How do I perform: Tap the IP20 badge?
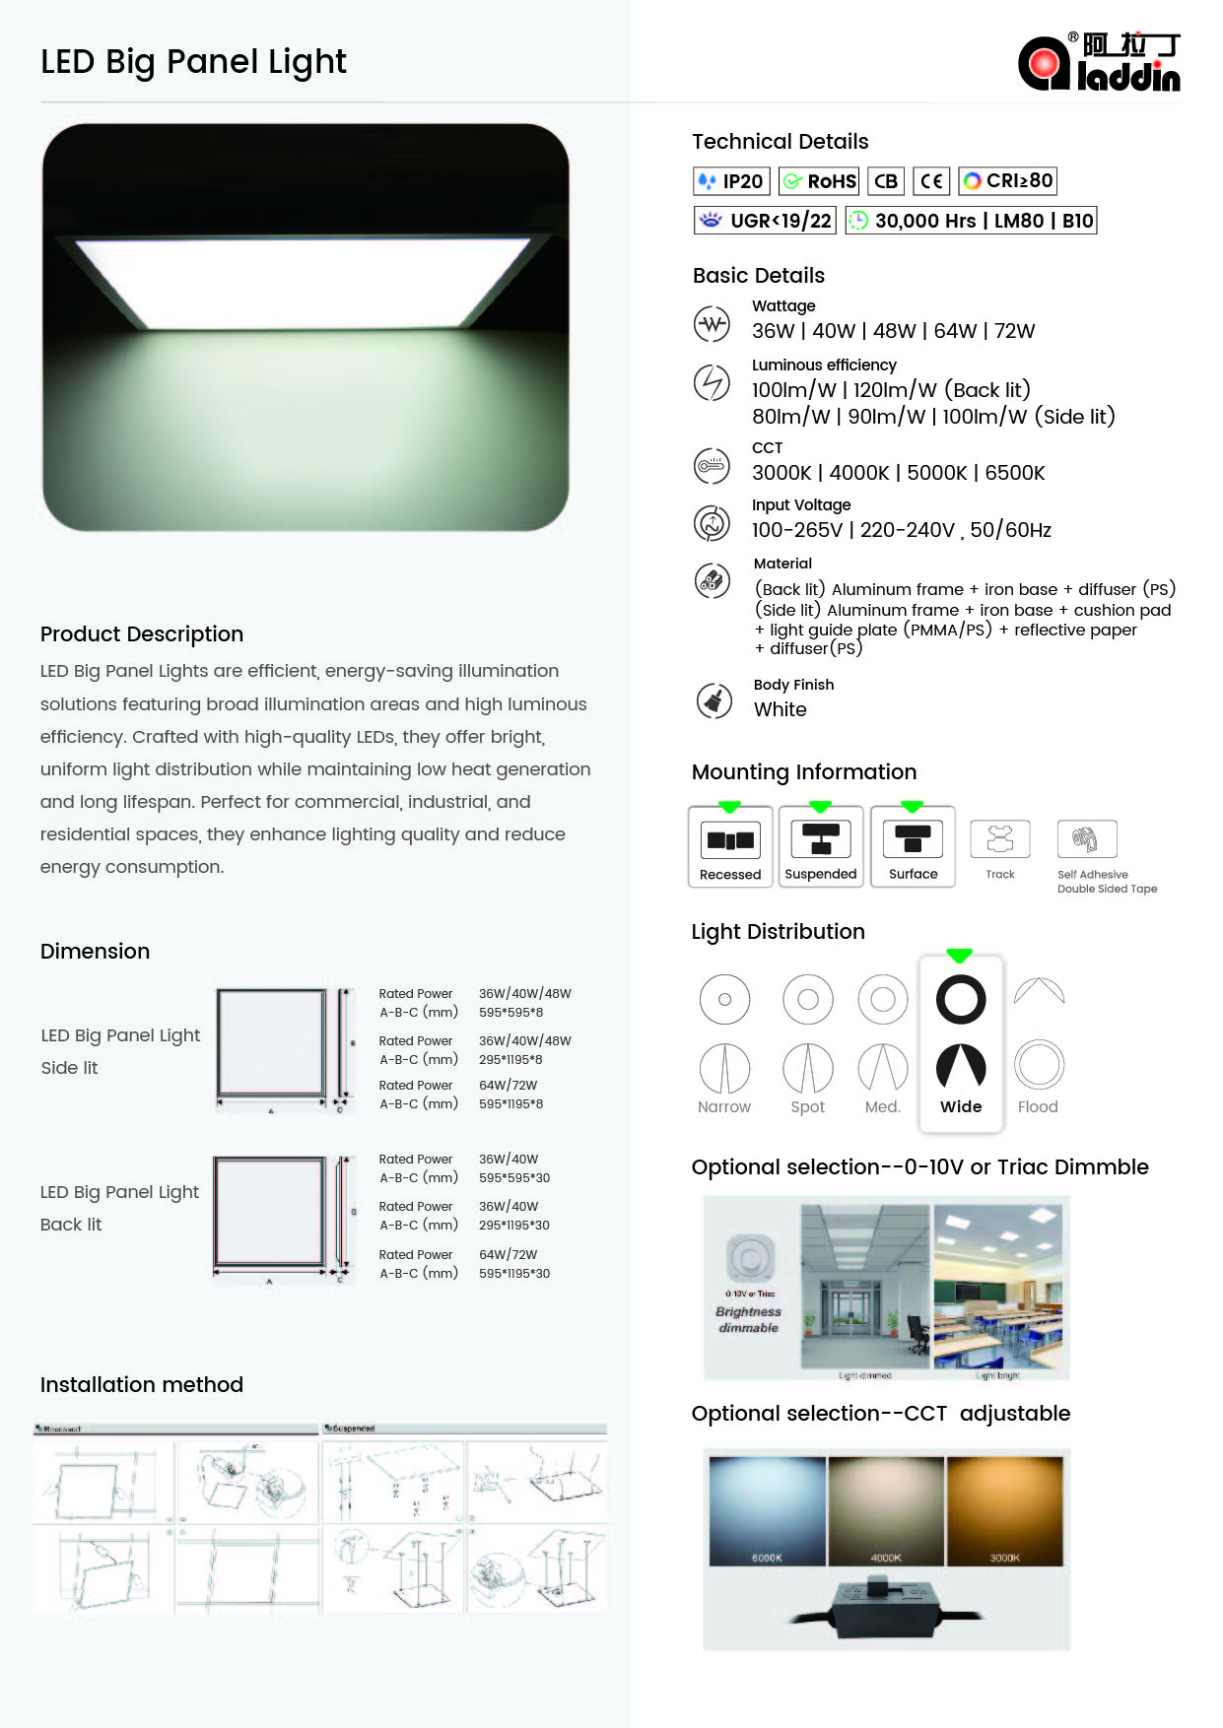[731, 181]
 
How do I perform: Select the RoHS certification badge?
[819, 181]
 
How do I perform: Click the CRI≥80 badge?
[1007, 181]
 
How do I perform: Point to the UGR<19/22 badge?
[765, 221]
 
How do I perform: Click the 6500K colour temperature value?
[1015, 473]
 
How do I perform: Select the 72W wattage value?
[1014, 331]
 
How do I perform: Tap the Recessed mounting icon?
[729, 840]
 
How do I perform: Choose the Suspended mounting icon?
[820, 840]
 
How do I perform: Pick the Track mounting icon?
[999, 840]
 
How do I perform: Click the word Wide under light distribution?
[961, 1106]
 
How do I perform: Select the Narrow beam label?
[724, 1106]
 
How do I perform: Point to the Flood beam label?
[1038, 1106]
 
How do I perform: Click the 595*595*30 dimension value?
[514, 1178]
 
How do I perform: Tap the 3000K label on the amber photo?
[1004, 1558]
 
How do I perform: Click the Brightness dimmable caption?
[748, 1320]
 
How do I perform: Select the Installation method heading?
[142, 1385]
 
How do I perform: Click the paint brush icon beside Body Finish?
[713, 700]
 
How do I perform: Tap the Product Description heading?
[142, 634]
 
